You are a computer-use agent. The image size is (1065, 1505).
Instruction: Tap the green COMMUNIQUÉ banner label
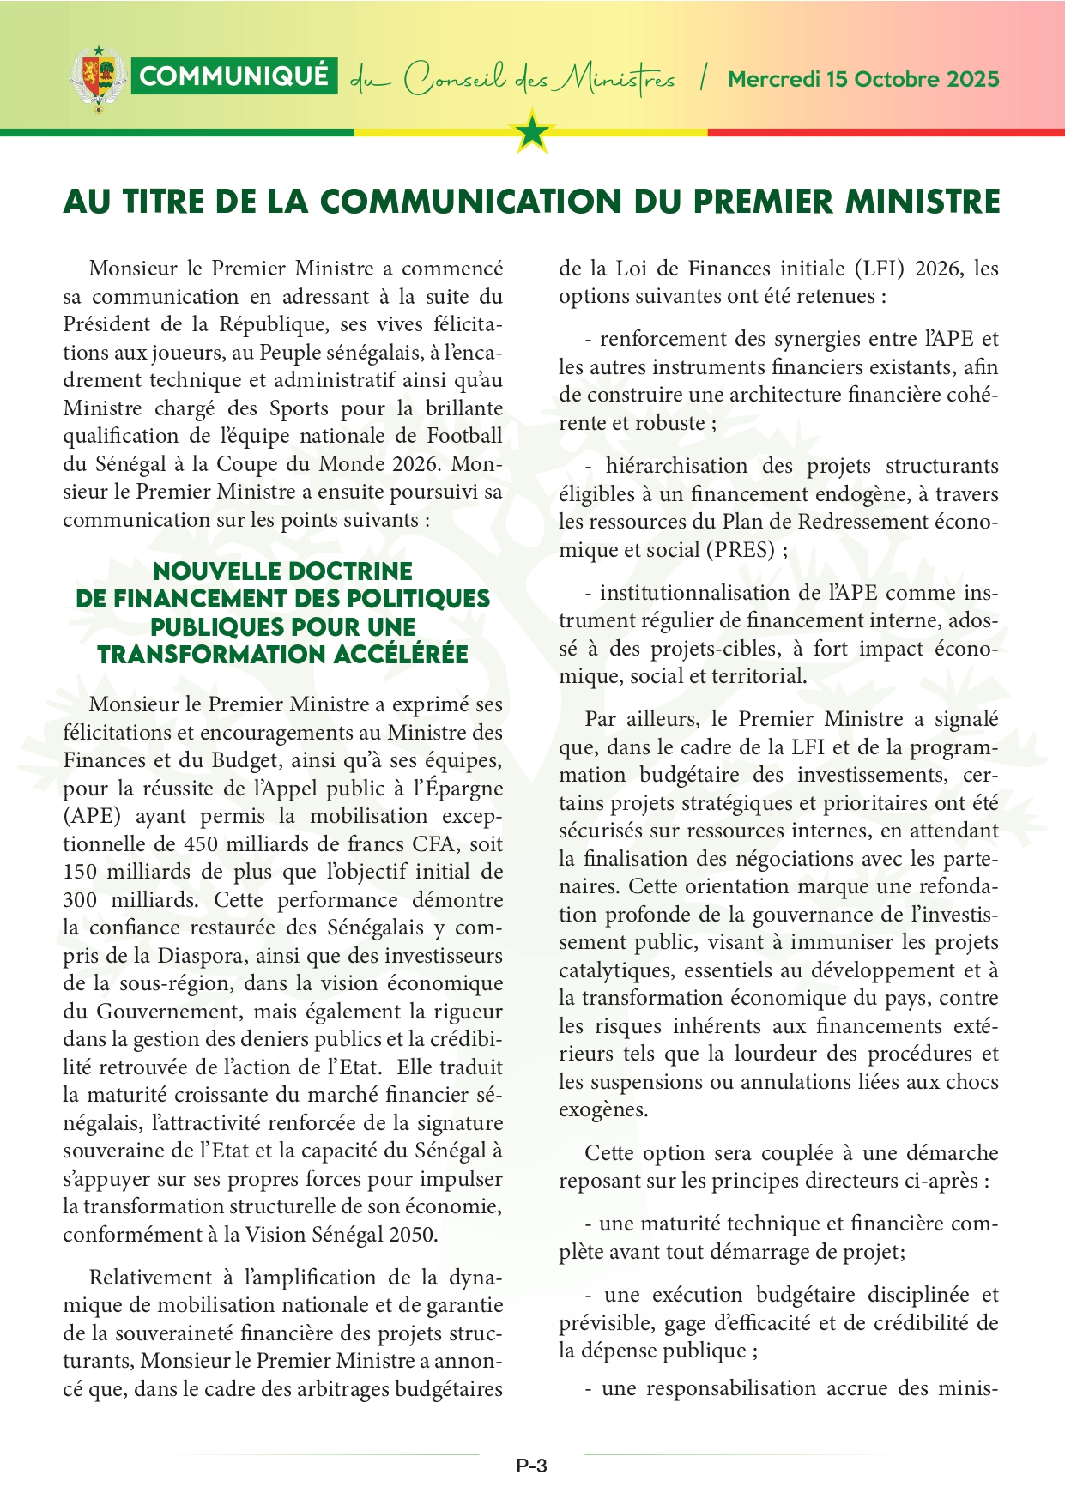233,76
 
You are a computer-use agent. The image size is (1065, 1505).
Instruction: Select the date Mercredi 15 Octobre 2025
863,79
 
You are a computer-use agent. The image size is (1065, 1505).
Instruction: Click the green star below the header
533,132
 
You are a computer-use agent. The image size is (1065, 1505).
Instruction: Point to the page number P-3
531,1466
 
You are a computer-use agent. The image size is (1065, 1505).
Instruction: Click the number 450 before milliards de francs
201,844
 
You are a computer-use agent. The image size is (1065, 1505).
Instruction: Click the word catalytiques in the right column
610,970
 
